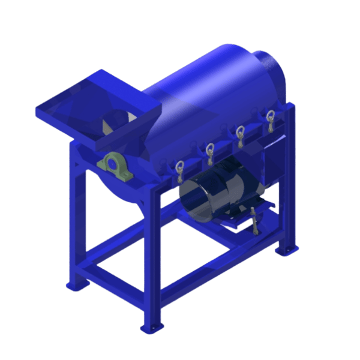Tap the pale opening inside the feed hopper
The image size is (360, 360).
point(114,125)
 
